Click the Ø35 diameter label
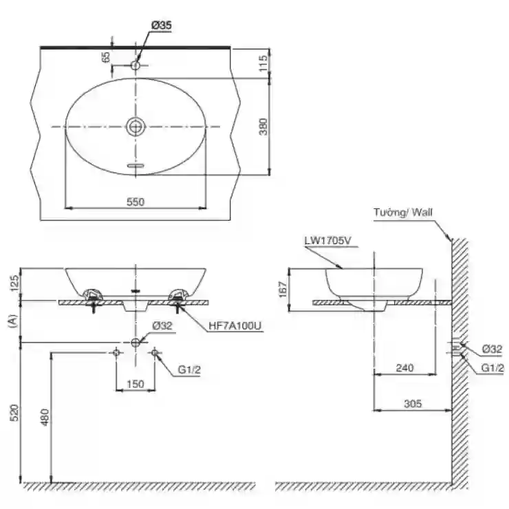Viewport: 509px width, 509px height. click(x=162, y=25)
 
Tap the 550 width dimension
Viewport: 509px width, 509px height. click(x=136, y=202)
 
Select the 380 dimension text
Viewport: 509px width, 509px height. click(x=263, y=127)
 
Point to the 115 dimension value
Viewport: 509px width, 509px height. click(x=263, y=63)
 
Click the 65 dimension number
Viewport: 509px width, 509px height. click(x=106, y=57)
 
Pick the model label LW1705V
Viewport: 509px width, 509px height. click(x=328, y=241)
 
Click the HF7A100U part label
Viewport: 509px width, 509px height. click(x=235, y=325)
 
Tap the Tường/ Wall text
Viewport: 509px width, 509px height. click(x=403, y=213)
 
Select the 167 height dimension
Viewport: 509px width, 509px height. click(x=283, y=289)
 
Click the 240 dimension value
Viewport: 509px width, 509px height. click(x=405, y=368)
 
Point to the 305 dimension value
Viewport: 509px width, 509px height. click(x=413, y=404)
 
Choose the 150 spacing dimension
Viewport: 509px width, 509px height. click(x=136, y=384)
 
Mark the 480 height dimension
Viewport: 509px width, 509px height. click(x=45, y=417)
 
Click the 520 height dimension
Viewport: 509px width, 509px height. click(x=15, y=412)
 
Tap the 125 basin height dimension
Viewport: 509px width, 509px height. click(x=15, y=283)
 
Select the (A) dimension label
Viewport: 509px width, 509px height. click(x=13, y=321)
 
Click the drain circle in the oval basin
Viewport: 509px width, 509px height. click(x=136, y=127)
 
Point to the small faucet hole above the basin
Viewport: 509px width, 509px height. click(x=136, y=65)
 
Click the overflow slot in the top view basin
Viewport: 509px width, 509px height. click(x=136, y=166)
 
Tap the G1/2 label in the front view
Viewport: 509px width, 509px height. click(x=189, y=369)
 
